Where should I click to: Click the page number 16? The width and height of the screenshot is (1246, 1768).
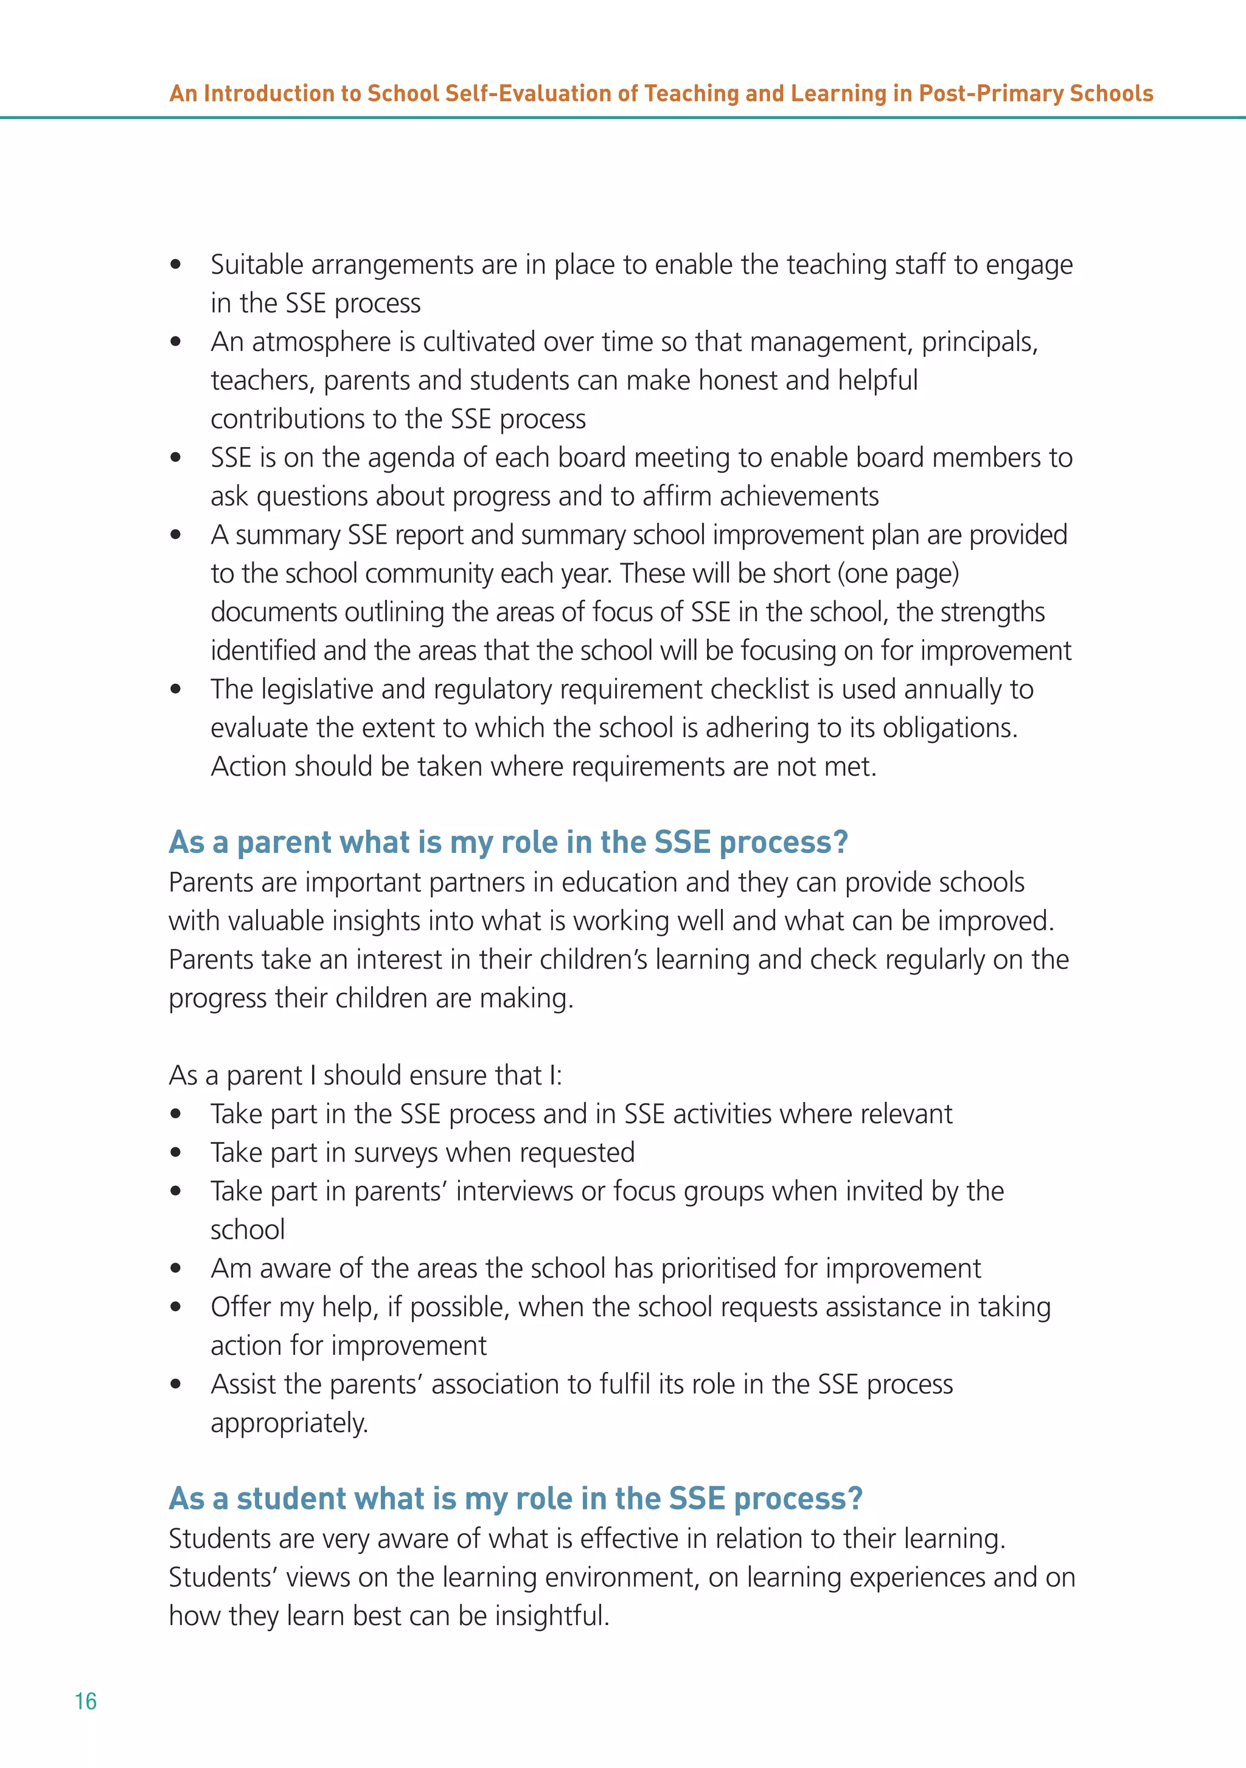(85, 1701)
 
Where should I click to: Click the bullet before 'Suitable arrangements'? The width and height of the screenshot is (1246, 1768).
(176, 265)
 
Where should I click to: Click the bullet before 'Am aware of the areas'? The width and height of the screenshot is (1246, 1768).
(176, 1269)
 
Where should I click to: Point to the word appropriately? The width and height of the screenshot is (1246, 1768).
(290, 1424)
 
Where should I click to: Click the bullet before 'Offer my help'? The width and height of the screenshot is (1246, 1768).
(176, 1307)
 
